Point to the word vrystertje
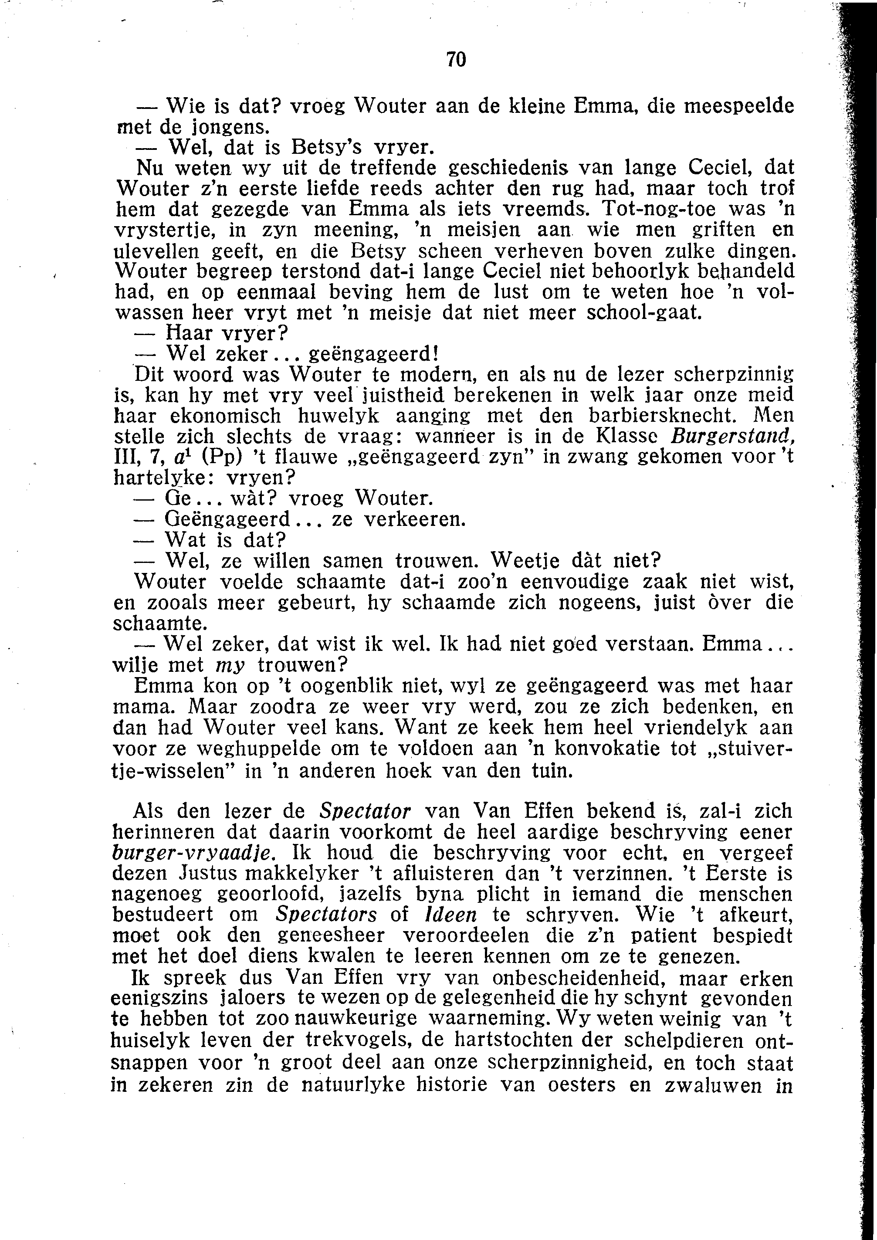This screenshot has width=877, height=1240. [167, 230]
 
